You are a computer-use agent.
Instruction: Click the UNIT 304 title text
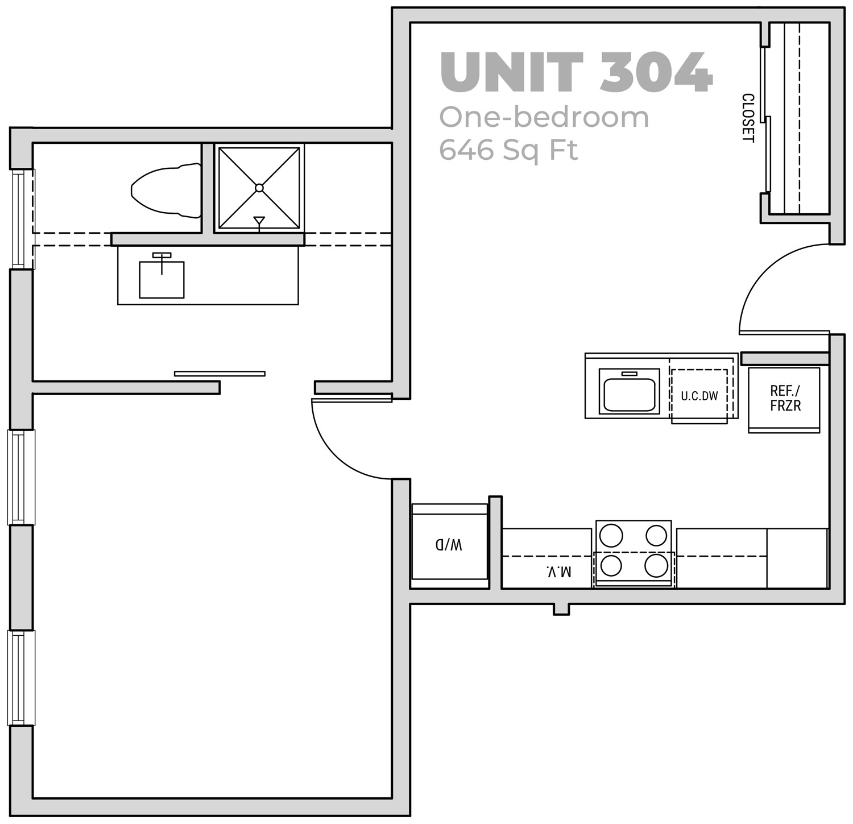(576, 72)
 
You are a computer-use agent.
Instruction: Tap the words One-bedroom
(544, 117)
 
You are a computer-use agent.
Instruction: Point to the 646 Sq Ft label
(508, 150)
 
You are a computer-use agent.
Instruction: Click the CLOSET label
(747, 118)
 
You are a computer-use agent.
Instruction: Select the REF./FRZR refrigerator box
(784, 400)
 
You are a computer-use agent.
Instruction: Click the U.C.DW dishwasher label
(699, 396)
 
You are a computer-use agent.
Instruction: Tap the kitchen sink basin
(629, 391)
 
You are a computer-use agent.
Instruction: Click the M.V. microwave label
(558, 571)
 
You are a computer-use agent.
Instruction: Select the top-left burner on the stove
(611, 536)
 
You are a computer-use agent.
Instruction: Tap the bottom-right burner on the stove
(656, 566)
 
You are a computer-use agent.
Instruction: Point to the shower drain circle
(259, 188)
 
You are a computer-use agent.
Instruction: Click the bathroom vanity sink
(162, 279)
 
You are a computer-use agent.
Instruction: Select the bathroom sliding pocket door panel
(220, 374)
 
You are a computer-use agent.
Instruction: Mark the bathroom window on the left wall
(22, 219)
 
